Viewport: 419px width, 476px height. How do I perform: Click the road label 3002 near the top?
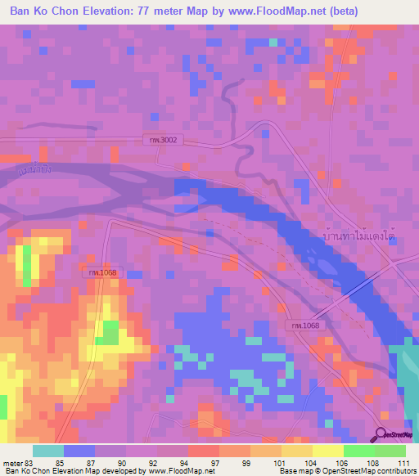163,140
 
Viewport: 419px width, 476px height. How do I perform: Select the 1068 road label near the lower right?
304,326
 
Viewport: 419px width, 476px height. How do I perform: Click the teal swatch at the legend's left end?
47,451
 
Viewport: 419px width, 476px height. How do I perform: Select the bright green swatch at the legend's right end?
390,451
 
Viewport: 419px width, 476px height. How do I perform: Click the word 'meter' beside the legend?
11,462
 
